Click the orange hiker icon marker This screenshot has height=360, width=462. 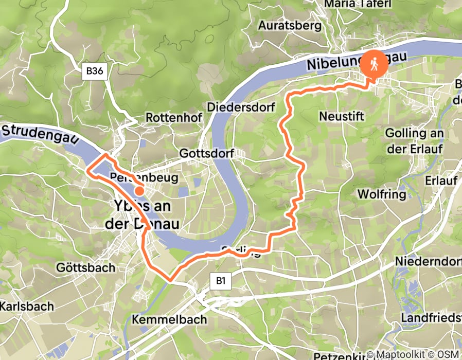(x=372, y=64)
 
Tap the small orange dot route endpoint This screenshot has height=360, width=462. (x=139, y=191)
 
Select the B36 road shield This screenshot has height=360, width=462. (x=94, y=71)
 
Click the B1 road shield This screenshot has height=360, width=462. (x=221, y=281)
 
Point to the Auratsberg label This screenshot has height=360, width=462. (x=290, y=25)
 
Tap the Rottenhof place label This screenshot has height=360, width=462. (x=173, y=117)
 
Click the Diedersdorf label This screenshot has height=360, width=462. (x=241, y=107)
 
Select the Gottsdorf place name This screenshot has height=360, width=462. (x=207, y=153)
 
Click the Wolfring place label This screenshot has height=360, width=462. (x=381, y=194)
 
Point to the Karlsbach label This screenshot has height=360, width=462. (x=27, y=307)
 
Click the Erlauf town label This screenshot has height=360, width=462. (x=440, y=181)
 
